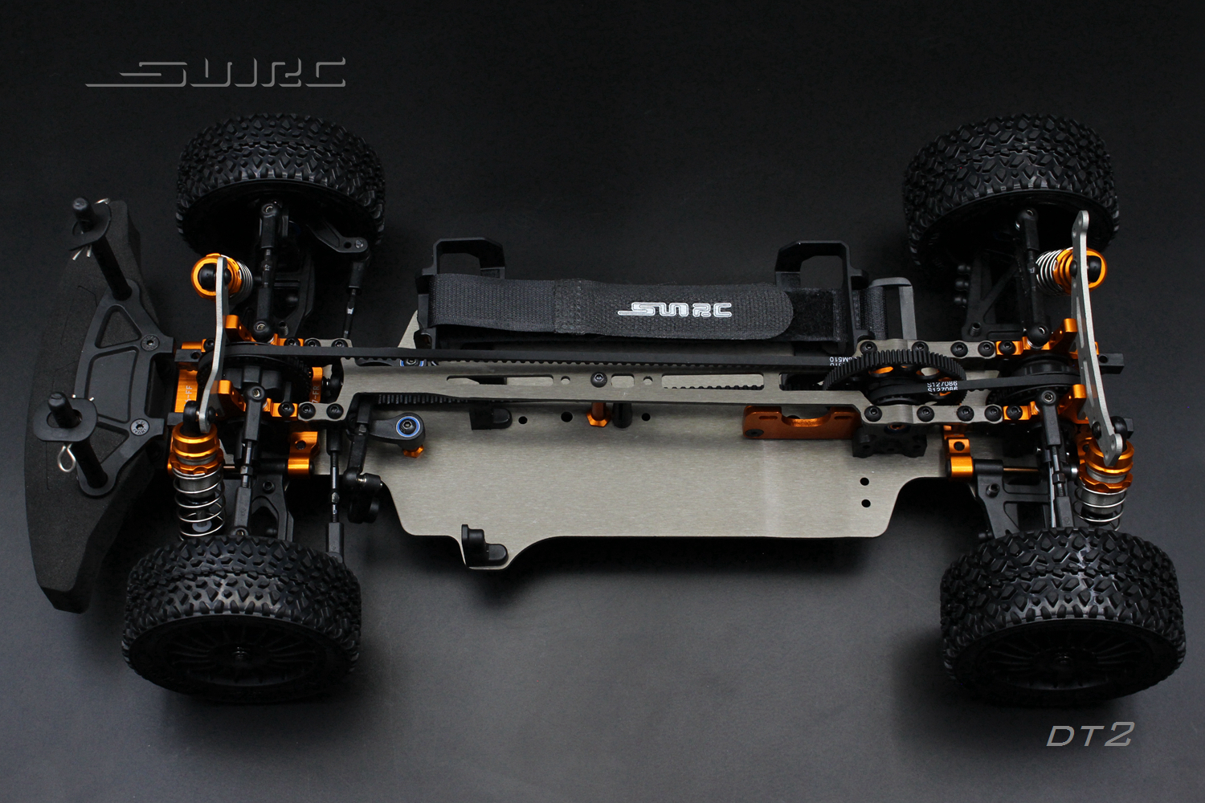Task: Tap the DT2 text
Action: click(1089, 735)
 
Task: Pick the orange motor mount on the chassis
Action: click(795, 422)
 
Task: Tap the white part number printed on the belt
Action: click(942, 388)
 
